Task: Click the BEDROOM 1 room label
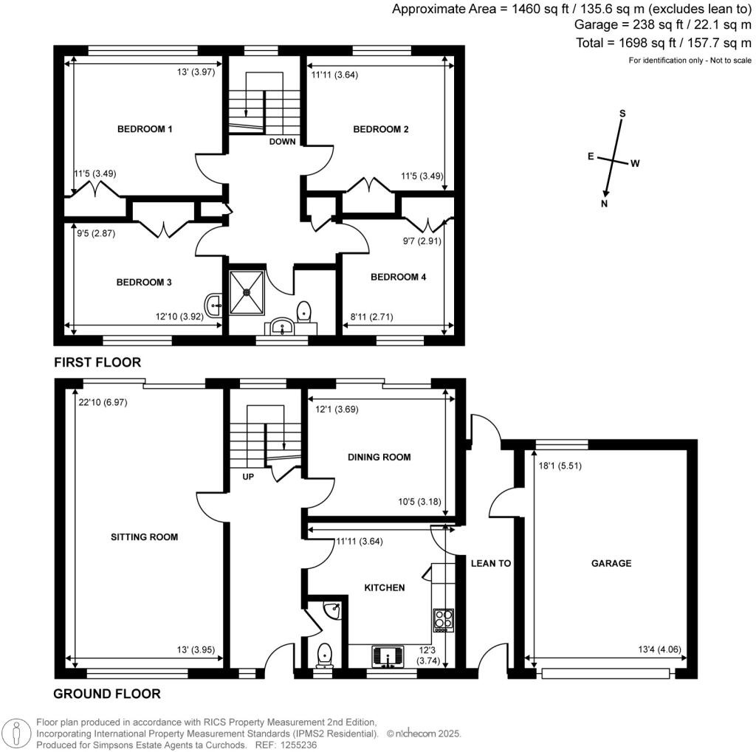point(145,129)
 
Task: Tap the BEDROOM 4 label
point(398,277)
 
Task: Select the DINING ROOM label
point(379,457)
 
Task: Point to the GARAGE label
point(611,563)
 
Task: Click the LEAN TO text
point(491,563)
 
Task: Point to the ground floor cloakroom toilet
point(323,655)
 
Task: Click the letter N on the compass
point(605,204)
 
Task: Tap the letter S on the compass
point(622,114)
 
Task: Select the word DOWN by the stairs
point(282,142)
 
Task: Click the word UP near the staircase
point(247,477)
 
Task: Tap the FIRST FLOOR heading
point(97,362)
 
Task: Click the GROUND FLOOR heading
point(106,694)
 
